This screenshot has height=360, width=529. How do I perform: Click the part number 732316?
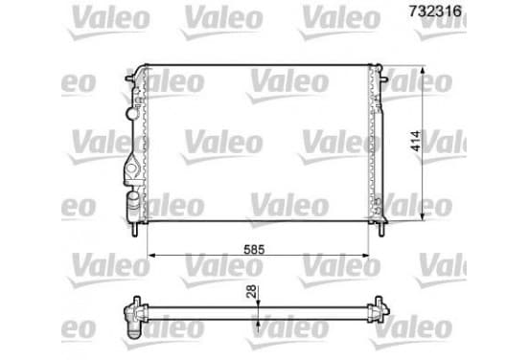pos(435,11)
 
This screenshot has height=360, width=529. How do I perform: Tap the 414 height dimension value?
pos(416,142)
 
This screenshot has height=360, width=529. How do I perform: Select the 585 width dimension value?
pos(254,250)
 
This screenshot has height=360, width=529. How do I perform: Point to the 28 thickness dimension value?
pos(251,292)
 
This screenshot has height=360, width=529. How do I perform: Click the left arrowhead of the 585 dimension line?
pos(151,256)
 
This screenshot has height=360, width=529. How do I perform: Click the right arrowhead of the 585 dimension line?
pos(365,256)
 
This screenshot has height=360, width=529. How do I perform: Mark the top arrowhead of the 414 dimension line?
pos(423,70)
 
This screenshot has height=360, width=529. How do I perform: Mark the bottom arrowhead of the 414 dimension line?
pos(423,216)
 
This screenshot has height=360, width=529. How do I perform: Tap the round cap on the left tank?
pos(132,113)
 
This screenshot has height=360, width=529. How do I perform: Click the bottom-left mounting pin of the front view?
pos(134,230)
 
